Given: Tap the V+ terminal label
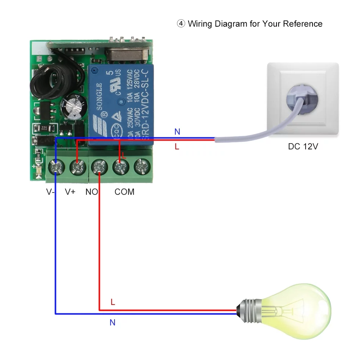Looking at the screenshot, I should click(x=70, y=192).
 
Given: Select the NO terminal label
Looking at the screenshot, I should click(x=91, y=192).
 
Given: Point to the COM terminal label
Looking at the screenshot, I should click(x=125, y=192).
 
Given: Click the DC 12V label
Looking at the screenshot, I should click(x=303, y=147).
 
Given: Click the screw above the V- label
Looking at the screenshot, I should click(x=57, y=167).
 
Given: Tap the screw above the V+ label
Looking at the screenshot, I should click(x=78, y=167).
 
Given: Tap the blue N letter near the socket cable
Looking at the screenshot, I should click(x=177, y=132).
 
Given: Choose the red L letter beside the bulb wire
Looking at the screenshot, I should click(x=113, y=302).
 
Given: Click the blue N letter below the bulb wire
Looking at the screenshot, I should click(x=112, y=323).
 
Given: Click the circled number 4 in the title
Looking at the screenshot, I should click(x=180, y=24).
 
